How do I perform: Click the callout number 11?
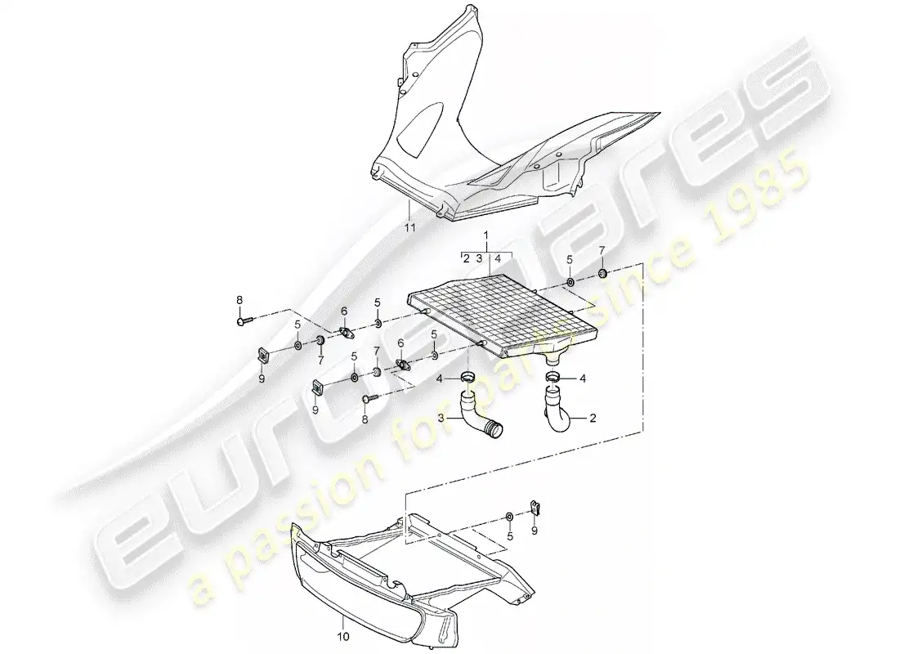point(409,228)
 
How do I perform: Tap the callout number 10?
point(343,636)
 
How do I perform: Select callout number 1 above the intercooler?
point(486,235)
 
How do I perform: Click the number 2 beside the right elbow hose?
point(593,419)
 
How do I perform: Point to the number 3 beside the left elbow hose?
point(441,419)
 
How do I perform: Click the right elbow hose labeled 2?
point(555,409)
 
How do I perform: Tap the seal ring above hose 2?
point(554,377)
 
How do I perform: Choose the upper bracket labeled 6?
point(346,332)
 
